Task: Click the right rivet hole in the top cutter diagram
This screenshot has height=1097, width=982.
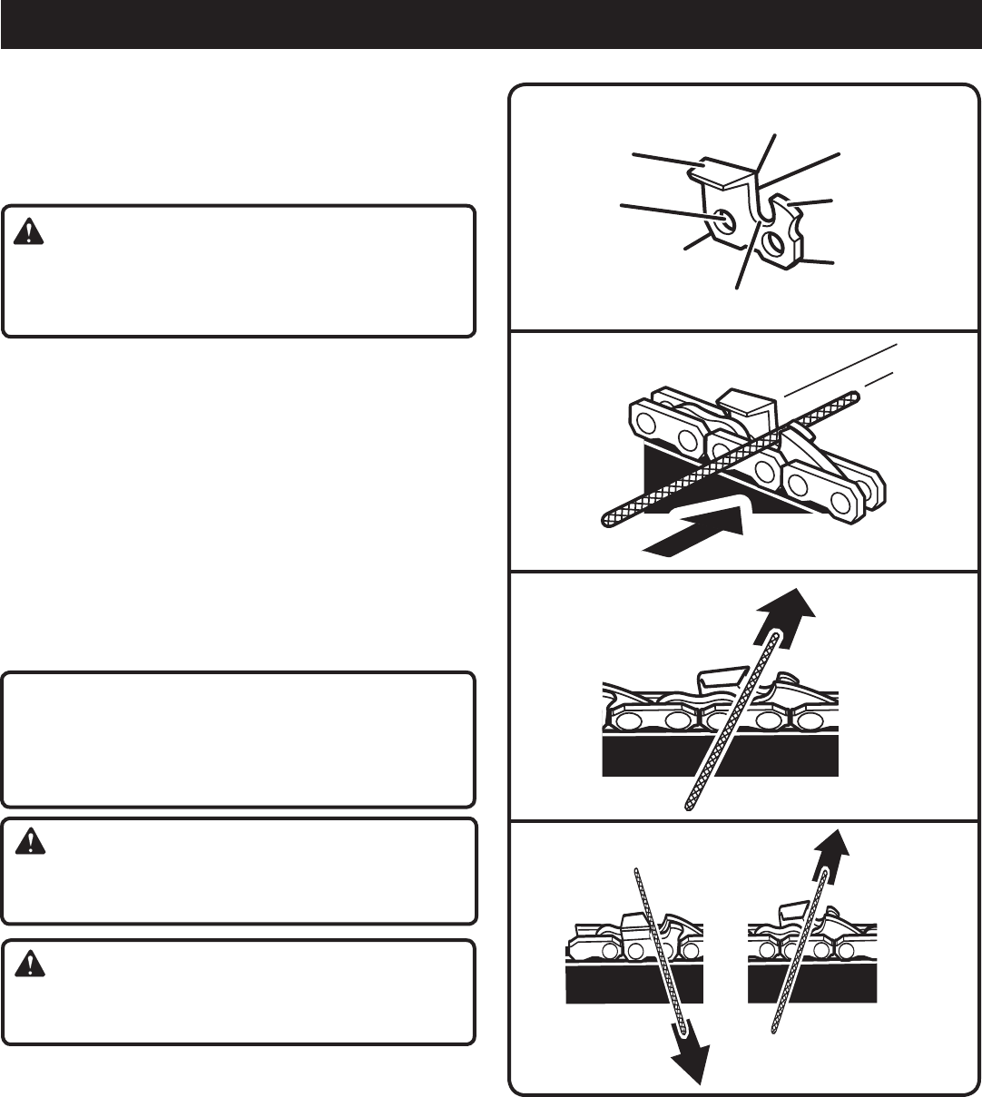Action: (x=775, y=242)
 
